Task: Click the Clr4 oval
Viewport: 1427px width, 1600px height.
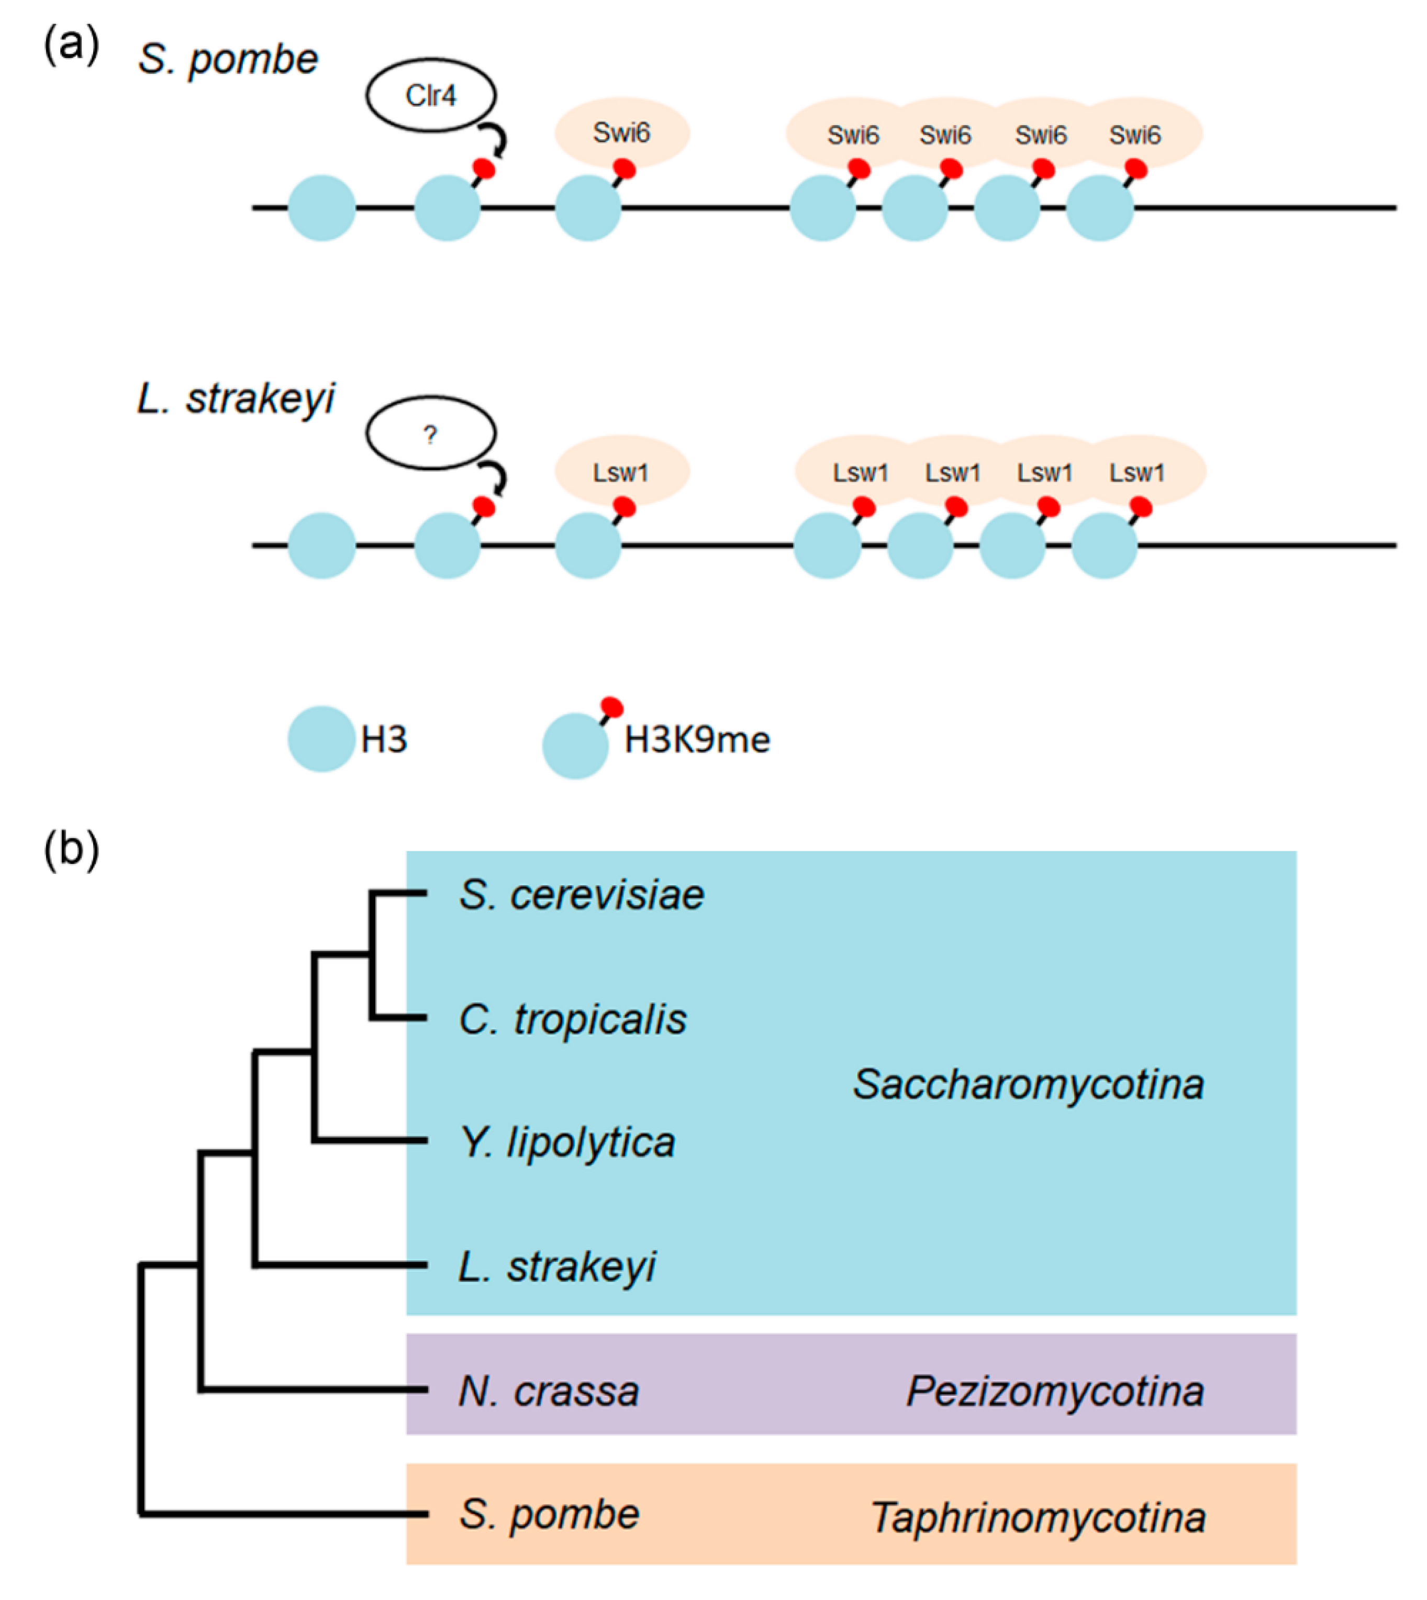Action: pyautogui.click(x=430, y=95)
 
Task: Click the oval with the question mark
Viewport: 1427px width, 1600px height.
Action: pyautogui.click(x=430, y=434)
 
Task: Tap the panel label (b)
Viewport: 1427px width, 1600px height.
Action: pyautogui.click(x=71, y=849)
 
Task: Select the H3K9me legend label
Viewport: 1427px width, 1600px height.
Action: pyautogui.click(x=696, y=740)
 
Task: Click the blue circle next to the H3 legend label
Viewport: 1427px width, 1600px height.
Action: pyautogui.click(x=321, y=739)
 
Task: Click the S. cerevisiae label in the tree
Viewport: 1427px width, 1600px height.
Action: pyautogui.click(x=581, y=895)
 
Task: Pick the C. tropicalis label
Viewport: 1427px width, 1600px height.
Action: pyautogui.click(x=572, y=1019)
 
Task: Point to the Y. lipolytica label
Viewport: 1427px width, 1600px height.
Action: pyautogui.click(x=567, y=1143)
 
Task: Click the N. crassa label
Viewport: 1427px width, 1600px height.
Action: pyautogui.click(x=549, y=1392)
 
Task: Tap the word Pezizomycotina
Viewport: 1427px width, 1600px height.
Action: pyautogui.click(x=1055, y=1392)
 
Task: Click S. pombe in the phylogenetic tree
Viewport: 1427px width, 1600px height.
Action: pyautogui.click(x=549, y=1515)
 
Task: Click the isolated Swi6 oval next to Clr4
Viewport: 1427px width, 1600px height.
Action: pyautogui.click(x=622, y=132)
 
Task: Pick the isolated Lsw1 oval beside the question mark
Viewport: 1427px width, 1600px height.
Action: pyautogui.click(x=622, y=471)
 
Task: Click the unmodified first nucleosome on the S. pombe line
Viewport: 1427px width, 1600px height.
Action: pyautogui.click(x=321, y=208)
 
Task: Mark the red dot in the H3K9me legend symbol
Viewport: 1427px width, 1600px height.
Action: pyautogui.click(x=611, y=707)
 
